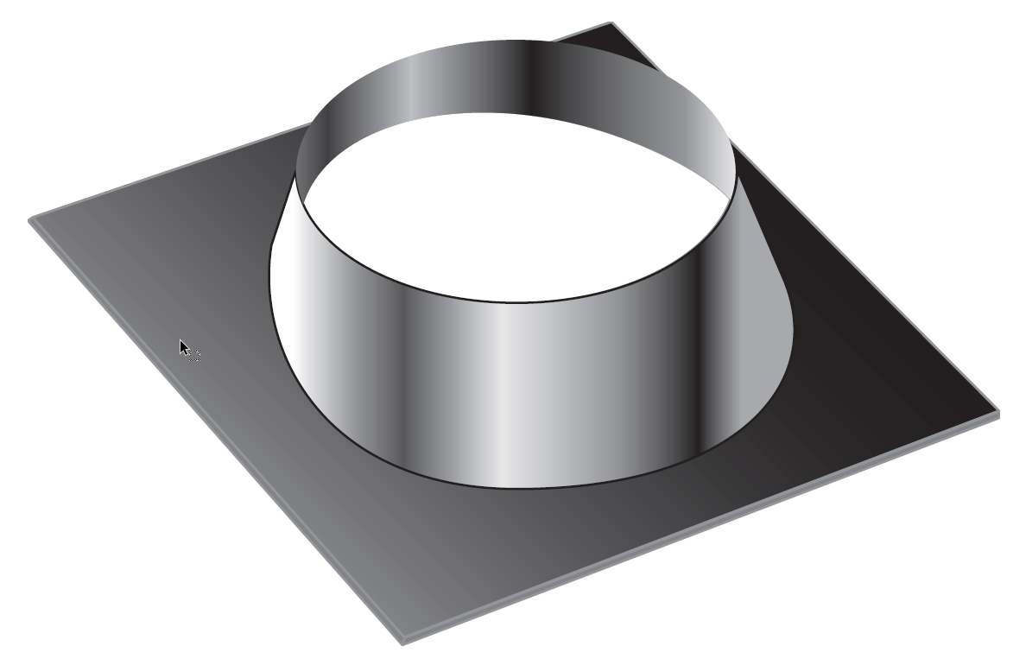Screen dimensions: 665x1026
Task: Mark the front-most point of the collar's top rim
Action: [518, 301]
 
